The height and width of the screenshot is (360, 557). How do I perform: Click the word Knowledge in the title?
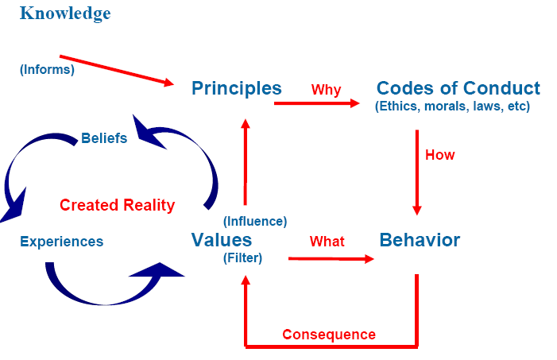pos(65,14)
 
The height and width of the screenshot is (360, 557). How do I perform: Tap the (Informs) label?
pos(47,69)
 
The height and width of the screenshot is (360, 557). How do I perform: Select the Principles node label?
pos(237,88)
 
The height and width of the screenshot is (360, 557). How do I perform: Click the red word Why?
pos(326,90)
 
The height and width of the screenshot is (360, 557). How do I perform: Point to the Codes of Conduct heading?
pos(458,88)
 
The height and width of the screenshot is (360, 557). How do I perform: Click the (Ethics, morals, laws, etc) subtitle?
pos(452,106)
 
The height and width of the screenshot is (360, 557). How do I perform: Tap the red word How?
pos(439,155)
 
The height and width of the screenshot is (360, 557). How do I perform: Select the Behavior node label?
pos(420,240)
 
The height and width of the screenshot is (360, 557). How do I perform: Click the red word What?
pos(327,241)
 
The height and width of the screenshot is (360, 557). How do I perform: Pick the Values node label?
pos(222,240)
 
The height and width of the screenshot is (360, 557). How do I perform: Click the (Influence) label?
pos(255,221)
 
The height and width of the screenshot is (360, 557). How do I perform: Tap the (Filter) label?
pos(243,257)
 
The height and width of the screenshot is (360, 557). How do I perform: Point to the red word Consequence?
pos(329,334)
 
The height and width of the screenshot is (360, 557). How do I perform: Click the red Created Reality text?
pos(117,205)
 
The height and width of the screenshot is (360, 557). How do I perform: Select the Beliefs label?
pos(104,138)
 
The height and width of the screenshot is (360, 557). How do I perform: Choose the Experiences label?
pos(61,242)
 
